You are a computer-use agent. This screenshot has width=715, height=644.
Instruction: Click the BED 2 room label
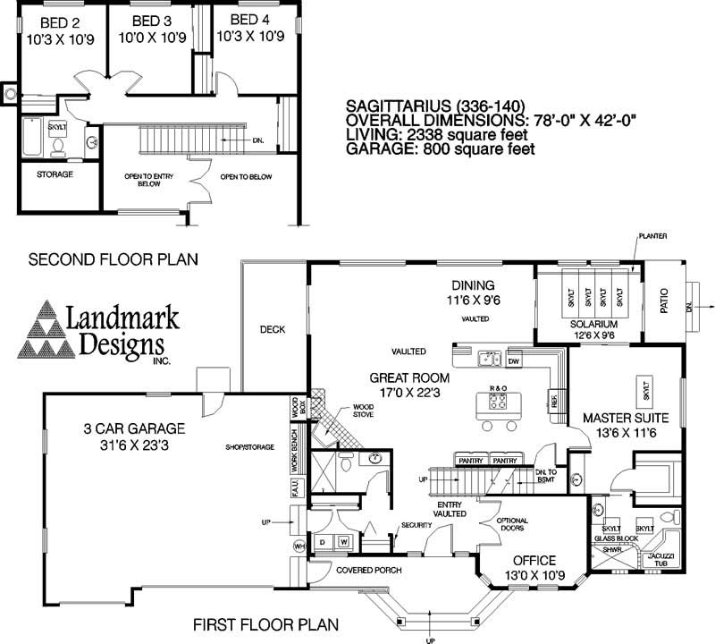tap(52, 21)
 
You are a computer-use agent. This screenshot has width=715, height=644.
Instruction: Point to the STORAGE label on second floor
tap(55, 174)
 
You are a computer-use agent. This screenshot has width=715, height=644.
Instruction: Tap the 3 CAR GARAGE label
tap(129, 428)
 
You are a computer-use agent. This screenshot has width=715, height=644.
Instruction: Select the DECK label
tap(272, 329)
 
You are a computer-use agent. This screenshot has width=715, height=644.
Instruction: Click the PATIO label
tap(664, 304)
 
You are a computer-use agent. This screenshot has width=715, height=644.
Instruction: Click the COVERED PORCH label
tap(368, 570)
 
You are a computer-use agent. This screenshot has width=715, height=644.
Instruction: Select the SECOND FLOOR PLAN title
tap(114, 260)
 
